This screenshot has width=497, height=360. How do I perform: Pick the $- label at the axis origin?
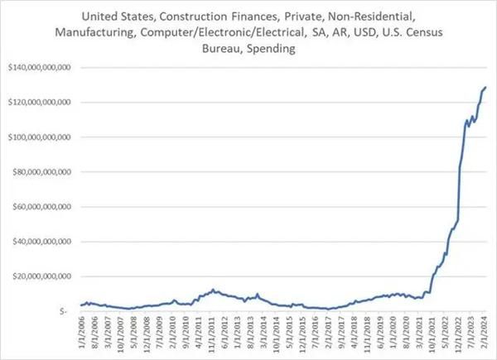65,312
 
